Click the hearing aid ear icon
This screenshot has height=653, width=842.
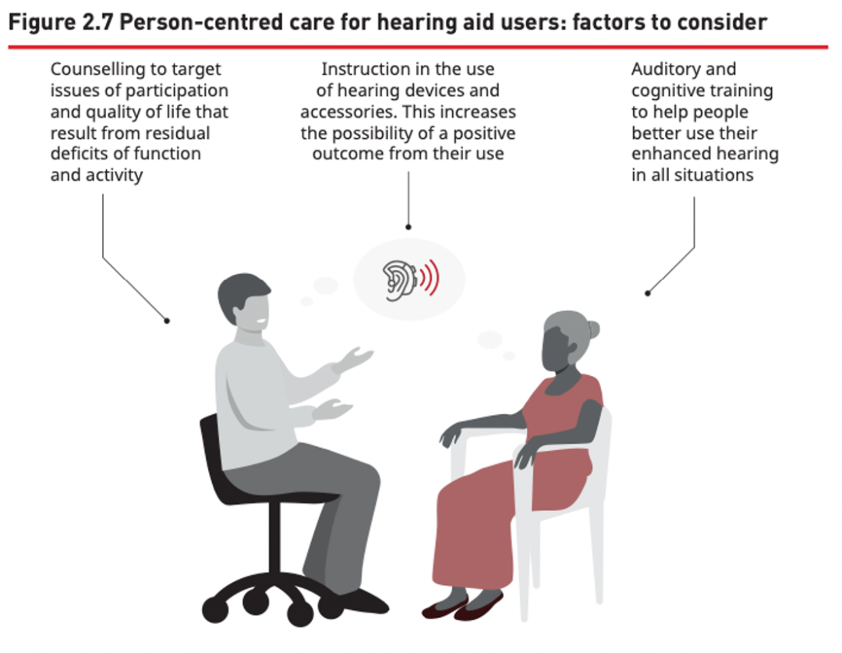click(398, 280)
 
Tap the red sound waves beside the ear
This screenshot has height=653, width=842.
click(430, 278)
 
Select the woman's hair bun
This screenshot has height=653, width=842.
click(593, 328)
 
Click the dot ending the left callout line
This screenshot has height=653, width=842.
click(167, 321)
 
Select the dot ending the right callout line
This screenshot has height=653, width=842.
click(648, 293)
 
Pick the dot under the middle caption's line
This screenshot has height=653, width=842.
click(408, 227)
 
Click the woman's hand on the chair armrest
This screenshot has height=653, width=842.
click(452, 433)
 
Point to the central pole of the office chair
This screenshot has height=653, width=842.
click(274, 538)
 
